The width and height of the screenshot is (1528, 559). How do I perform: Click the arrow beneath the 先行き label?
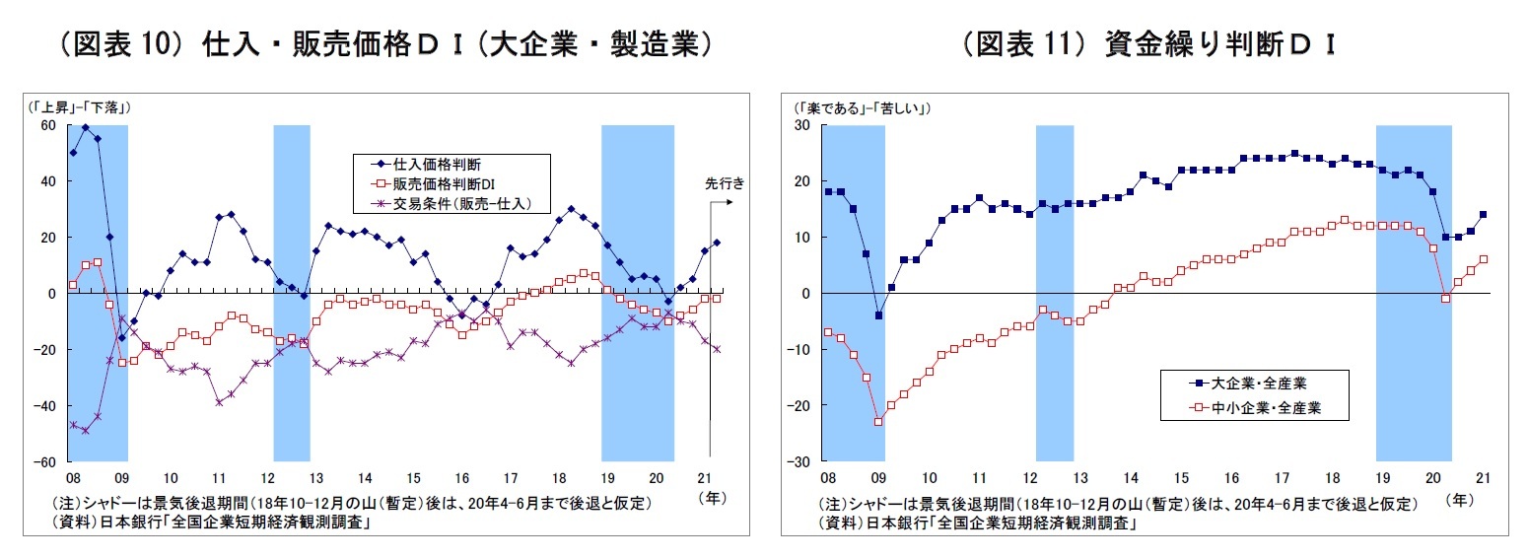(721, 202)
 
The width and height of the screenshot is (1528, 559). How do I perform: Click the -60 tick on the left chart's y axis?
(45, 461)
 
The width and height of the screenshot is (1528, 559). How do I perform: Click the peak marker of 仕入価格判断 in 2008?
(86, 127)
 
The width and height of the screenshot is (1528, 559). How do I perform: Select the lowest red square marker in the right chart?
(878, 422)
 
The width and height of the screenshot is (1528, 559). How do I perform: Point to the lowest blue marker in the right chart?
(878, 315)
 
